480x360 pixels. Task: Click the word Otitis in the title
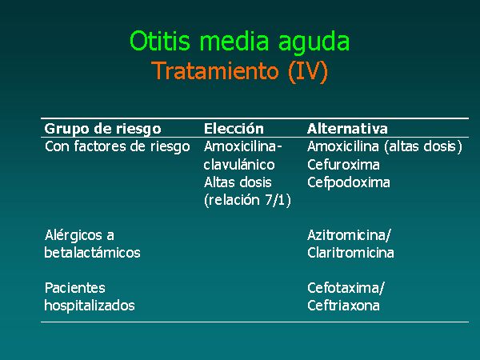pyautogui.click(x=160, y=41)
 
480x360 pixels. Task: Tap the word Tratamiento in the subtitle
pyautogui.click(x=215, y=71)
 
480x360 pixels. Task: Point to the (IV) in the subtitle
pyautogui.click(x=308, y=72)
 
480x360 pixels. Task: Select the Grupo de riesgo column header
pyautogui.click(x=103, y=129)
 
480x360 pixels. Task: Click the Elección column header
pyautogui.click(x=234, y=128)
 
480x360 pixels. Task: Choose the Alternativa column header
pyautogui.click(x=347, y=129)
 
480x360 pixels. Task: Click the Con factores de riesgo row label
pyautogui.click(x=118, y=146)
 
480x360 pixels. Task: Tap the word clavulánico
pyautogui.click(x=239, y=165)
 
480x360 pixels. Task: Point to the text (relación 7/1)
pyautogui.click(x=247, y=200)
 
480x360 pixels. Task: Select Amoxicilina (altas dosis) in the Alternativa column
pyautogui.click(x=385, y=146)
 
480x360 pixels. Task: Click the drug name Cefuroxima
pyautogui.click(x=343, y=165)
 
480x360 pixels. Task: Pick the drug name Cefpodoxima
pyautogui.click(x=349, y=182)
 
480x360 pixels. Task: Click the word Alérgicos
pyautogui.click(x=74, y=236)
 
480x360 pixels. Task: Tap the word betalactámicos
pyautogui.click(x=92, y=253)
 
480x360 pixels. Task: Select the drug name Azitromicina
pyautogui.click(x=347, y=235)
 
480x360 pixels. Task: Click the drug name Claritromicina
pyautogui.click(x=350, y=253)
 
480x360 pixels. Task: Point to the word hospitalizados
pyautogui.click(x=90, y=306)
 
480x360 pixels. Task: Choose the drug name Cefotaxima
pyautogui.click(x=344, y=288)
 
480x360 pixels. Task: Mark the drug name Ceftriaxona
pyautogui.click(x=343, y=306)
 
